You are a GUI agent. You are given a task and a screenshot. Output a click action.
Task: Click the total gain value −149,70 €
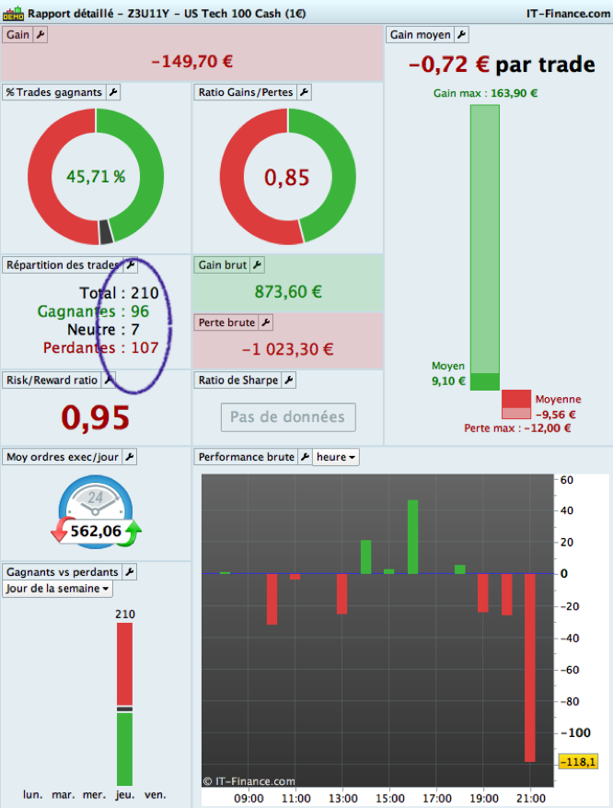tap(191, 62)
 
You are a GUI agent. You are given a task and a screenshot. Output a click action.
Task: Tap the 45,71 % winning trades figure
tap(96, 177)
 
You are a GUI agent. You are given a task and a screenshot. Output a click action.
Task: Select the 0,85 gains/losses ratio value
tap(287, 177)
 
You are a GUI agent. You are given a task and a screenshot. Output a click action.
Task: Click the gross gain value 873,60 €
tap(288, 292)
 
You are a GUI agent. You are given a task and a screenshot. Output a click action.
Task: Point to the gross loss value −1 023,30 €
tap(288, 349)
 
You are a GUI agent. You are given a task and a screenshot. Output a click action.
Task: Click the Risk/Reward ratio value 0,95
tap(96, 416)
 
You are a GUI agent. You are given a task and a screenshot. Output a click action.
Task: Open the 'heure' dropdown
tap(336, 457)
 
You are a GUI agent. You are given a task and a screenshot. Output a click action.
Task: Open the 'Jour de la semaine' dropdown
tap(57, 589)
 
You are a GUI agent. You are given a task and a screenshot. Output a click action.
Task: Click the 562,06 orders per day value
tap(96, 532)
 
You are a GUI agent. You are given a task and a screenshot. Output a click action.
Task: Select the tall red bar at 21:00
tap(530, 667)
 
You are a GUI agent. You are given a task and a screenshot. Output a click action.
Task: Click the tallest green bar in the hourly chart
tap(412, 536)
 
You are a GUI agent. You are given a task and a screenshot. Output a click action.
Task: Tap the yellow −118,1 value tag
tap(578, 762)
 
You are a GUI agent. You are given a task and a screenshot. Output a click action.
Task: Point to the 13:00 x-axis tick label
tap(342, 798)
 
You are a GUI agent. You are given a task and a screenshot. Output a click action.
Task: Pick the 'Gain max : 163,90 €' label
tap(485, 93)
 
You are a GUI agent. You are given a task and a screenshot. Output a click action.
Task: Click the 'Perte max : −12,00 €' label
tap(517, 427)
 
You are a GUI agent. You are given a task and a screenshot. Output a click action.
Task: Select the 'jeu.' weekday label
tap(124, 794)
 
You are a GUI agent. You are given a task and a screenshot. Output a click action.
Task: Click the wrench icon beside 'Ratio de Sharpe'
tap(288, 380)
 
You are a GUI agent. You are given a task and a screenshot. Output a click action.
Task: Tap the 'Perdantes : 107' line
tap(101, 347)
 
